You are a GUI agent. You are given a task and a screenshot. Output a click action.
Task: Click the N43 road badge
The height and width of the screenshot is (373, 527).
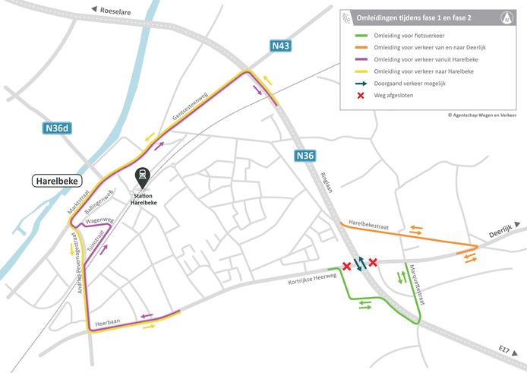coord(281,47)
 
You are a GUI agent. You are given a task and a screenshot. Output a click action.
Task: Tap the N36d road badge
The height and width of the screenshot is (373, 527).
coord(55,128)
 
